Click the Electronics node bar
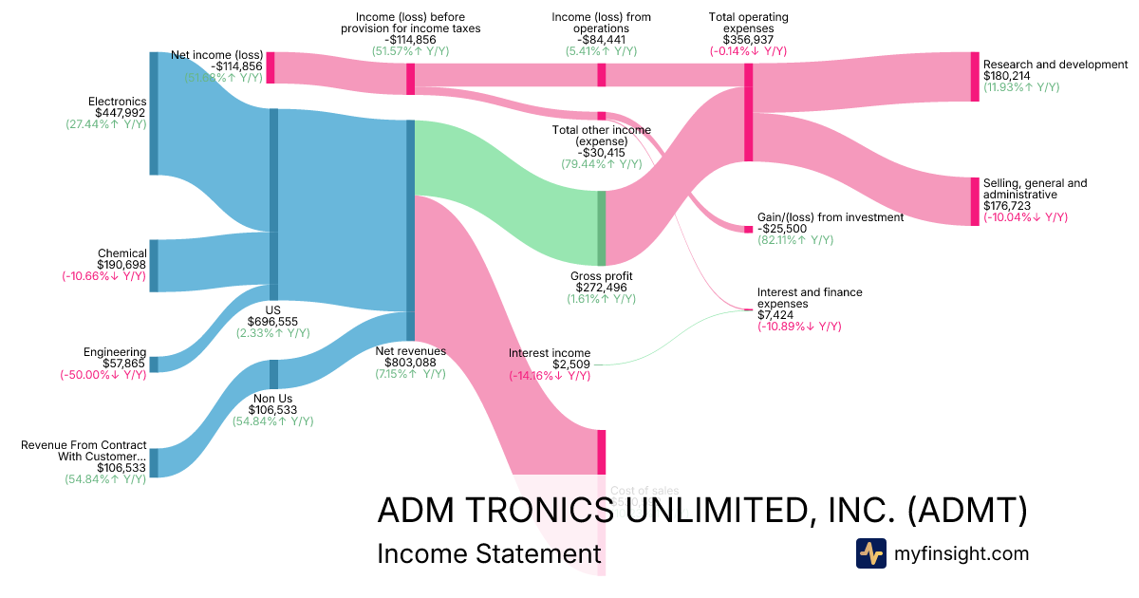(154, 114)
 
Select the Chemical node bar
(154, 266)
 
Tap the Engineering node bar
(154, 364)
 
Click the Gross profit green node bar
(601, 228)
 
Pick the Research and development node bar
(975, 77)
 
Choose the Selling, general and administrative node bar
(975, 201)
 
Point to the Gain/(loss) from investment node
(748, 229)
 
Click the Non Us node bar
(274, 373)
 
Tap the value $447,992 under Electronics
(121, 113)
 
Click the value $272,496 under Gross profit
(601, 287)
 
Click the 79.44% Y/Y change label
(601, 164)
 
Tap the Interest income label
(550, 353)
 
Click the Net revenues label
(411, 350)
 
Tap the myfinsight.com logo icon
(871, 553)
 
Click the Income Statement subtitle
(489, 554)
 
